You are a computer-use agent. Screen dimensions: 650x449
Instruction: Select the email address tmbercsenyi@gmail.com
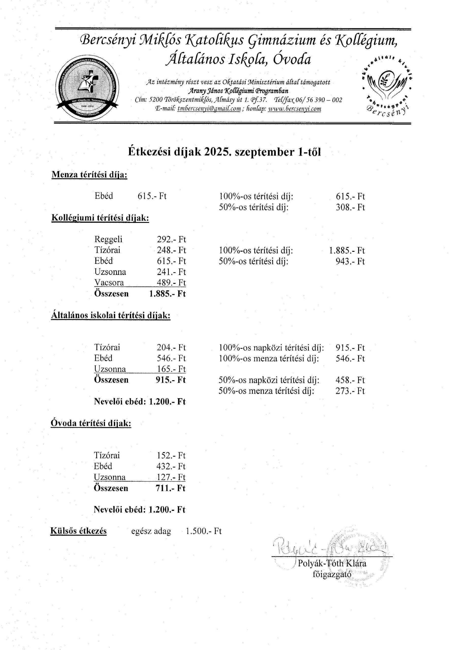coord(209,109)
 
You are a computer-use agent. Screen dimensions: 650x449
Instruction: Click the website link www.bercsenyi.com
coord(295,109)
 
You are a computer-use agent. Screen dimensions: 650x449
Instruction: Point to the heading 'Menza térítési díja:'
coord(89,175)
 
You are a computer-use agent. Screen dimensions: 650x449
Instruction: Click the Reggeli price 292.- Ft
coord(171,239)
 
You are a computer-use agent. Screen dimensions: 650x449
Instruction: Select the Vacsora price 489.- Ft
coord(171,282)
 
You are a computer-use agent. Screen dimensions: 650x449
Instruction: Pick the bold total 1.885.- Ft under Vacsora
coord(167,294)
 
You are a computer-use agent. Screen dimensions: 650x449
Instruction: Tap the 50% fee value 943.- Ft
coord(350,261)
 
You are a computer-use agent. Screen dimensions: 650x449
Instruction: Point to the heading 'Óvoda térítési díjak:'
coord(91,423)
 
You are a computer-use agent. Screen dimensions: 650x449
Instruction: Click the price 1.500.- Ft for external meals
coord(204,531)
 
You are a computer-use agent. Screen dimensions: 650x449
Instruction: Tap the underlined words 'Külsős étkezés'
coord(79,531)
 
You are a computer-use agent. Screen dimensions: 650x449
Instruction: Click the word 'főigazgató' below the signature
coord(332,574)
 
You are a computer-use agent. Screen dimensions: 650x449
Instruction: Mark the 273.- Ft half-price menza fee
coord(350,391)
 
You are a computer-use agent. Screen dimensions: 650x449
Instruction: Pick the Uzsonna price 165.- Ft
coord(171,369)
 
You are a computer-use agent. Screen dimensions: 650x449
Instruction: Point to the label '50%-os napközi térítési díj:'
coord(269,380)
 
